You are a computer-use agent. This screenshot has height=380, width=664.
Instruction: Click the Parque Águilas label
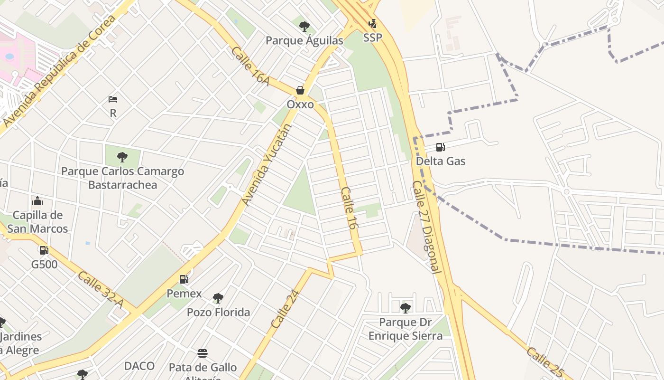(x=304, y=40)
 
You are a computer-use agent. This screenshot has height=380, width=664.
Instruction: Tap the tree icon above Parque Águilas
(x=304, y=26)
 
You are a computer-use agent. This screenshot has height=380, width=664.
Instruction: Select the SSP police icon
(x=373, y=24)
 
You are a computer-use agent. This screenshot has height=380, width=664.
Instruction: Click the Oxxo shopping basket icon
(x=300, y=90)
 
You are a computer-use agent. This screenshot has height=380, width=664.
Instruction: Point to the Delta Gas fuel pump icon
(x=440, y=147)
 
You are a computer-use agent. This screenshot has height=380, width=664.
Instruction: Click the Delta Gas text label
(x=440, y=161)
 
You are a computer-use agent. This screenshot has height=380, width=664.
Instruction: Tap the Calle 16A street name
(x=250, y=66)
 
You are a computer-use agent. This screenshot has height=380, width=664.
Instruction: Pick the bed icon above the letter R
(x=113, y=99)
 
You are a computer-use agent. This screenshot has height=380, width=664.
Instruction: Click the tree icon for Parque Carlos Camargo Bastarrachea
(x=122, y=157)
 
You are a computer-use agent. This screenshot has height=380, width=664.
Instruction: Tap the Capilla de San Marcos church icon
(x=37, y=201)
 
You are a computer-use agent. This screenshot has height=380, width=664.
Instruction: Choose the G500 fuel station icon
(x=44, y=250)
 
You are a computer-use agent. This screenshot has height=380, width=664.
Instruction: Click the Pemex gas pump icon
(x=184, y=279)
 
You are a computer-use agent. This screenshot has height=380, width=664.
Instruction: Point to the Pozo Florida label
(x=218, y=312)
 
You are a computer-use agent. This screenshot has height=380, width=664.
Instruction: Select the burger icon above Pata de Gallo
(x=203, y=353)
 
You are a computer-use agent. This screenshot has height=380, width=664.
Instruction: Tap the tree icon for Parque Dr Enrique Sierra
(x=405, y=308)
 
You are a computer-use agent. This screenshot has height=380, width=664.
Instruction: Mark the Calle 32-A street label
(x=101, y=289)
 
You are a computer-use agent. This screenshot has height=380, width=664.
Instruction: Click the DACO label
(x=139, y=366)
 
